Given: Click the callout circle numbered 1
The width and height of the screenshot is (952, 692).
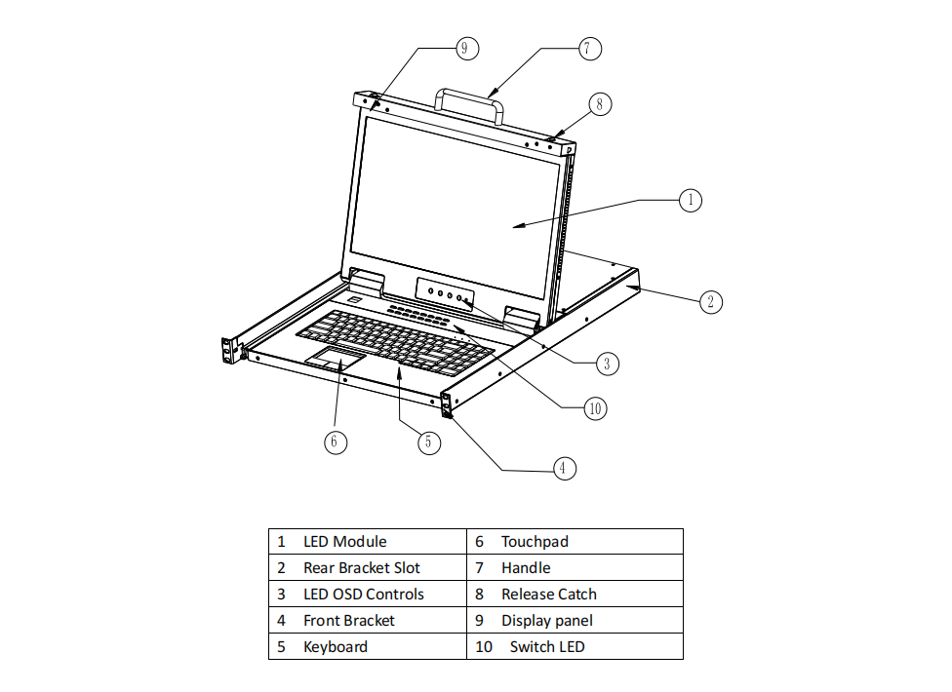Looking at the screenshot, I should (691, 200).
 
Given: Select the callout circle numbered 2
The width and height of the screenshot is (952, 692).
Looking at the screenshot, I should (711, 301).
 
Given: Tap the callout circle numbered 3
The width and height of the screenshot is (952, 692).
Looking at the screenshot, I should (607, 364).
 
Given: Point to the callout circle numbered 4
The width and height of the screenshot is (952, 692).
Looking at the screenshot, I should (562, 469).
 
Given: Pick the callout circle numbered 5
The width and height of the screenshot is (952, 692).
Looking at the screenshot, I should (428, 442).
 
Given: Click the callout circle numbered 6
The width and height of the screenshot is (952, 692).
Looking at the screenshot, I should (335, 442).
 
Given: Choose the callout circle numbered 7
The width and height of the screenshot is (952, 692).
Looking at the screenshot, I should (589, 48).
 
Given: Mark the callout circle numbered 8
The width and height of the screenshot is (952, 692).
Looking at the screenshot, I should (600, 103).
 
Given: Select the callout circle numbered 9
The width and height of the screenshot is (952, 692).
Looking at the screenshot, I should (465, 48).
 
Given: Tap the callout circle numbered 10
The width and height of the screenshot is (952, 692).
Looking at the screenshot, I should (595, 408).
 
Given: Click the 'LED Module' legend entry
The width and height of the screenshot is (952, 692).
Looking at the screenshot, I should (344, 542).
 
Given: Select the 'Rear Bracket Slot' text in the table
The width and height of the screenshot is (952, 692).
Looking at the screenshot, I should (361, 568).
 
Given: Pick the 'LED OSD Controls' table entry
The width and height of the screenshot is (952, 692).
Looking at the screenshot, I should (363, 595).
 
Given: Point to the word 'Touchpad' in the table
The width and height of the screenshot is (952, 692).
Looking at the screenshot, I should (535, 542).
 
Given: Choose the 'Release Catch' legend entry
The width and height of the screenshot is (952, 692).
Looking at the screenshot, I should (548, 595).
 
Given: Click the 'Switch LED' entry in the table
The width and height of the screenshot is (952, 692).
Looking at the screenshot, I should (546, 647).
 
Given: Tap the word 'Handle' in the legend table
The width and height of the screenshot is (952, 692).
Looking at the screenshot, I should (526, 568).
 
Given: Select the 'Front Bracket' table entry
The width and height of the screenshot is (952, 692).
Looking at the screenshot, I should (348, 621).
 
